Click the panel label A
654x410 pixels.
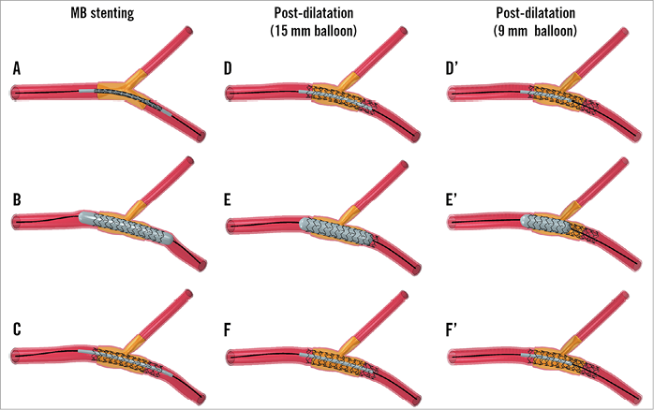pyautogui.click(x=17, y=68)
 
